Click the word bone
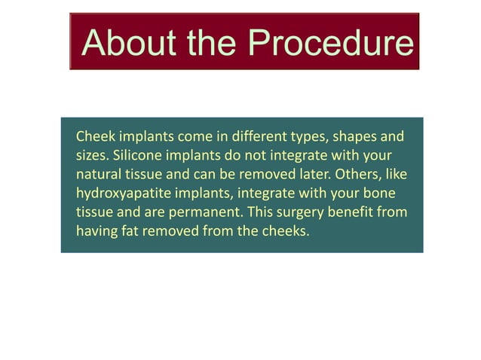pyautogui.click(x=379, y=194)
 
